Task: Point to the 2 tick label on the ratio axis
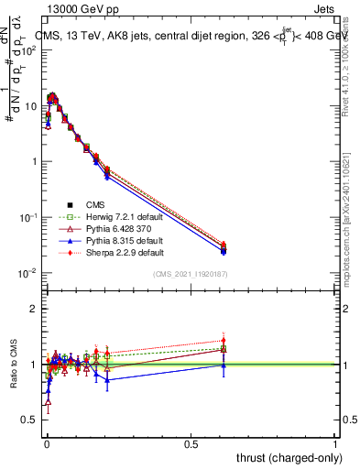click(x=34, y=309)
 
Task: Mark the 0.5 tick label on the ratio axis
click(x=30, y=420)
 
